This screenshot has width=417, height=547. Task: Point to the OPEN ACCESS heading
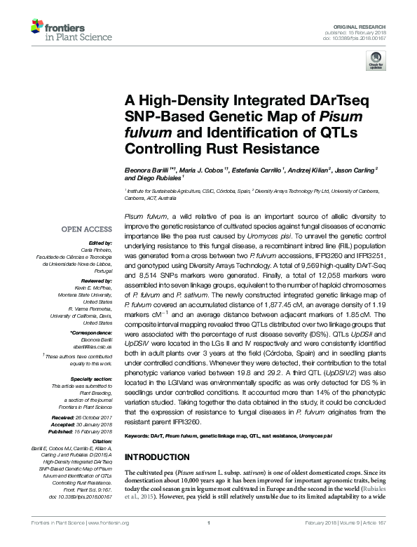pyautogui.click(x=87, y=229)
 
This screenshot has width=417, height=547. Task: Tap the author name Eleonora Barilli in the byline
pyautogui.click(x=146, y=170)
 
